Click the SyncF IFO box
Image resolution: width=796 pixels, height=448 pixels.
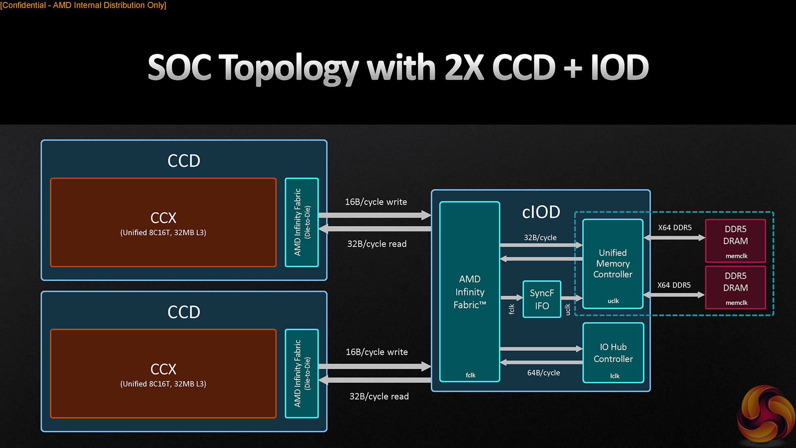pos(542,299)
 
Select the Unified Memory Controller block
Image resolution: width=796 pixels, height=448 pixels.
pos(613,264)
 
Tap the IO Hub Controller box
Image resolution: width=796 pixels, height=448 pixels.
pos(613,353)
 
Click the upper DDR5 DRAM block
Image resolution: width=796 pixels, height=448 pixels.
pos(735,241)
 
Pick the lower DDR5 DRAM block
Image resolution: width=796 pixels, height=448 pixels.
pos(735,287)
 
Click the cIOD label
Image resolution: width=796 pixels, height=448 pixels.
pos(541,212)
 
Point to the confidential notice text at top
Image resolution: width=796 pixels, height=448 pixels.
pos(83,5)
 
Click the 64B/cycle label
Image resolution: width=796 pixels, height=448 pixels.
pos(544,373)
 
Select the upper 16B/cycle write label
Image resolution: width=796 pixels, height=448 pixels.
pos(376,202)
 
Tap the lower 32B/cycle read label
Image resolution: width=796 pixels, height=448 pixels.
pos(379,397)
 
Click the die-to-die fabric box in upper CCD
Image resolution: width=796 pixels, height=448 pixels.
pos(302,222)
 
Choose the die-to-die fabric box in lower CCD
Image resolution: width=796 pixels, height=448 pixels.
pos(302,373)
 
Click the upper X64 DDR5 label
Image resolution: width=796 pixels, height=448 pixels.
pos(675,228)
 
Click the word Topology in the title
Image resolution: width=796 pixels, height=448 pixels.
pos(289,68)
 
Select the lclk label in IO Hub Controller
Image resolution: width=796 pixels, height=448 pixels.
pos(615,376)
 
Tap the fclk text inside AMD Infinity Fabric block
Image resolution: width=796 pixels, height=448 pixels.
pos(471,375)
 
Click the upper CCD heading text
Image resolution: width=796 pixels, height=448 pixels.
pos(184,161)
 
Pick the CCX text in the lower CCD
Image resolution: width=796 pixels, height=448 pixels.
pos(163,369)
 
